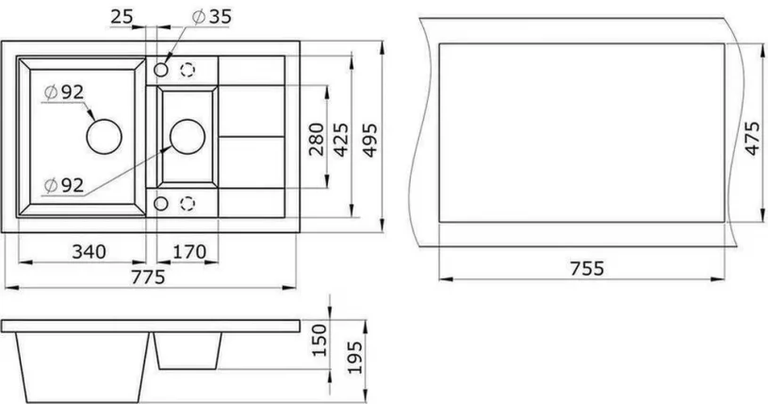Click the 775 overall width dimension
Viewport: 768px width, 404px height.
point(149,277)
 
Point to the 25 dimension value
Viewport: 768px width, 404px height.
point(120,16)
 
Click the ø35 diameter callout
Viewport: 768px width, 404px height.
point(211,16)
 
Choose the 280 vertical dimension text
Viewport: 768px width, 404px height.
point(316,139)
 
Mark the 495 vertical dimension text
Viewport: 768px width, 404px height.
point(370,139)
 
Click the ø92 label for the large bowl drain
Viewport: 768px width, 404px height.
point(64,93)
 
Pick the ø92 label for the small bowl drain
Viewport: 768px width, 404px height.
point(64,185)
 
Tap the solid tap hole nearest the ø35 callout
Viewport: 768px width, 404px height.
point(162,70)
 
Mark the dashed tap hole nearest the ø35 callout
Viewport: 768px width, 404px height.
point(188,70)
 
